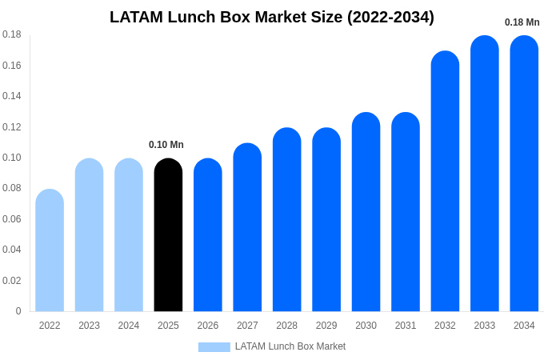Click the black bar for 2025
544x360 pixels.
[x=168, y=236]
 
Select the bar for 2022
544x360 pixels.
[x=50, y=251]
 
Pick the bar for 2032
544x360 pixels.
[x=445, y=182]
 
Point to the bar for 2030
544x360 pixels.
[x=366, y=213]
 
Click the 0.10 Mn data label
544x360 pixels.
[x=166, y=145]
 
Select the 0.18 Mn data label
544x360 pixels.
[x=522, y=22]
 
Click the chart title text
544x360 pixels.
[x=272, y=17]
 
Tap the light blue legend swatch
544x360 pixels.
[x=214, y=347]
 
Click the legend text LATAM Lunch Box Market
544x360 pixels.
[x=290, y=346]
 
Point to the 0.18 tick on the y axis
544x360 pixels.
[x=12, y=34]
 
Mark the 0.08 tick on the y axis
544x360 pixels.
[x=12, y=188]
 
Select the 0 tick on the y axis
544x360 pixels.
[x=18, y=311]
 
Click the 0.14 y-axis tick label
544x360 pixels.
[x=12, y=96]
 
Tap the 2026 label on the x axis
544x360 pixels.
[x=208, y=326]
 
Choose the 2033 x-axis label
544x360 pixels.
[x=485, y=326]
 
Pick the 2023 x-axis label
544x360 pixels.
[x=89, y=326]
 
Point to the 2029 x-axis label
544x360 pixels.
[x=326, y=326]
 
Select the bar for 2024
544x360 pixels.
[x=129, y=236]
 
